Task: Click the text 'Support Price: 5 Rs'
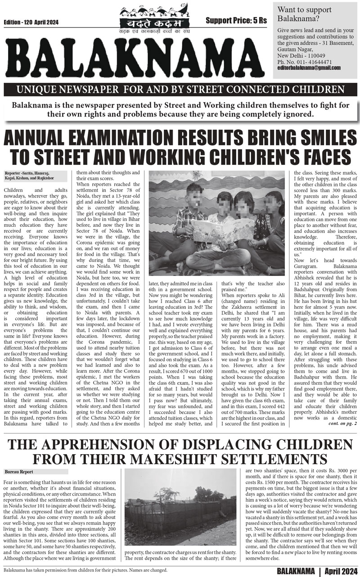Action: tap(236, 20)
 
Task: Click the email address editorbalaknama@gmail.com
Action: tap(309, 68)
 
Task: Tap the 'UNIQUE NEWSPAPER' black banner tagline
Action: tap(180, 88)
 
